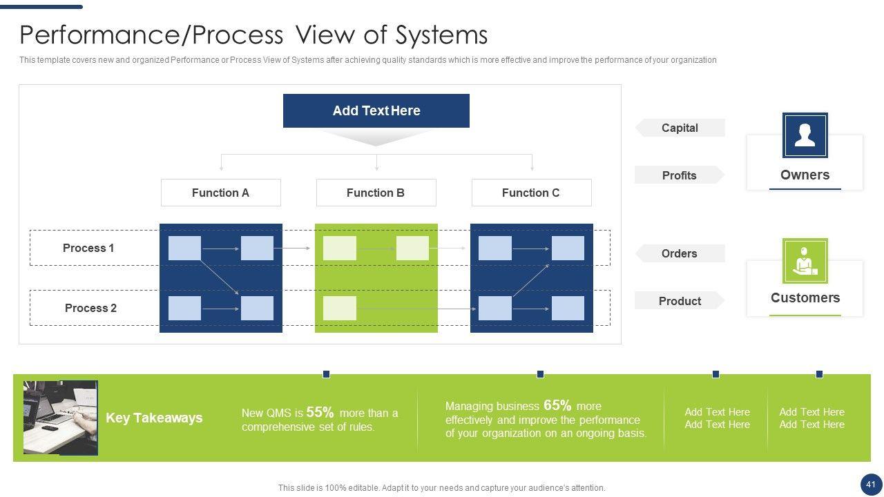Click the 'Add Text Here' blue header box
tap(376, 110)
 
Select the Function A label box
tap(220, 193)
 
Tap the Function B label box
tap(376, 193)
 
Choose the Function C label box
tap(531, 193)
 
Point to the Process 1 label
tap(88, 248)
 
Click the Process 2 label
tap(90, 308)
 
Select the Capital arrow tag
tap(680, 128)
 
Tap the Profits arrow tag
tap(679, 175)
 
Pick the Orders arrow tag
tap(679, 253)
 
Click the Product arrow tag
tap(680, 301)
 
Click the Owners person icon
tap(805, 135)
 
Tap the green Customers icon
tap(805, 261)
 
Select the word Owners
tap(805, 175)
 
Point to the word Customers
tap(805, 298)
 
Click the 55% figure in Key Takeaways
tap(320, 412)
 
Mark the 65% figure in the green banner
tap(557, 405)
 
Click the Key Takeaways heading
tap(154, 418)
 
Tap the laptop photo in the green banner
tap(60, 417)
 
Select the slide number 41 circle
tap(870, 484)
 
